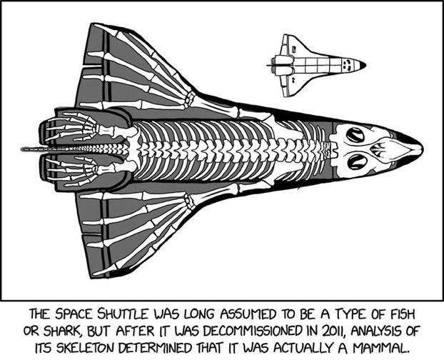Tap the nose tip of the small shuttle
point(363,65)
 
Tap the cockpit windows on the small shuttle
point(348,65)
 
